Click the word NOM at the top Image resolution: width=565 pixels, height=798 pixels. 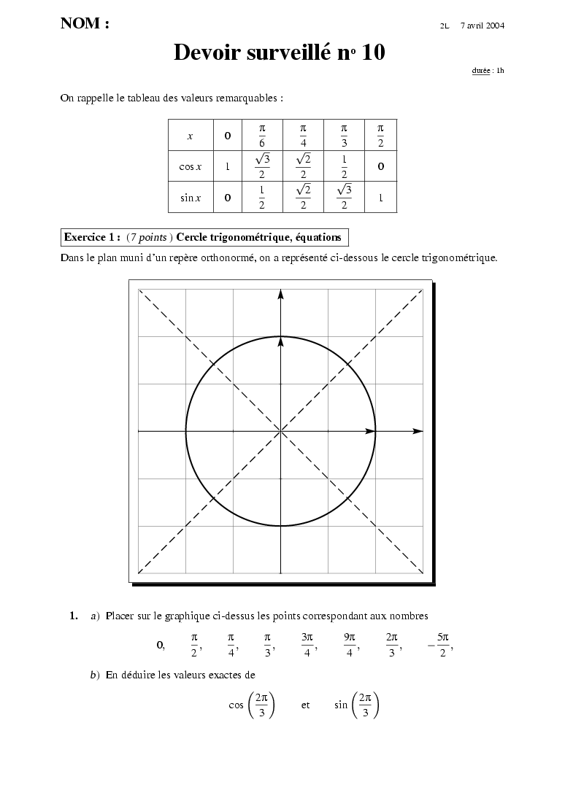80,23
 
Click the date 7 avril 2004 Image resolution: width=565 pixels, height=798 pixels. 483,26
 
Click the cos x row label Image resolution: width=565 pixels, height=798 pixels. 191,166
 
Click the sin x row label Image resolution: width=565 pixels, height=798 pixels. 191,197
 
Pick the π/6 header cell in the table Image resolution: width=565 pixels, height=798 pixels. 261,136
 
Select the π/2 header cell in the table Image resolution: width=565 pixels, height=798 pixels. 380,136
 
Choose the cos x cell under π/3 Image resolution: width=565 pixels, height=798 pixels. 344,166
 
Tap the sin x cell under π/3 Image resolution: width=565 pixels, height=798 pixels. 344,197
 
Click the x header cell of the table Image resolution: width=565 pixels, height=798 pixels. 191,136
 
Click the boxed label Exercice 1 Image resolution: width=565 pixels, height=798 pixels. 92,237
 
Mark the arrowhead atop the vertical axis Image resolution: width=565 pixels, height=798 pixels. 280,294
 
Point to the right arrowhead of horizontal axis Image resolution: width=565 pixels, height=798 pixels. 418,431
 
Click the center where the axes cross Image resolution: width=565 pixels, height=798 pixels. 280,431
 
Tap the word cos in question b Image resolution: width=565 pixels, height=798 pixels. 236,705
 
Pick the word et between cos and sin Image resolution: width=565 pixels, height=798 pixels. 305,705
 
